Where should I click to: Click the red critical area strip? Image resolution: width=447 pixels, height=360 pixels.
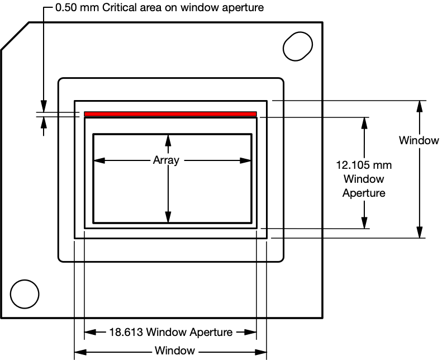[x=170, y=114]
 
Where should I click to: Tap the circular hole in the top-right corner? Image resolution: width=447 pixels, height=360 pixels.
[x=297, y=46]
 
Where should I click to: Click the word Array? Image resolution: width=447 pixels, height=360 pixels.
[x=166, y=160]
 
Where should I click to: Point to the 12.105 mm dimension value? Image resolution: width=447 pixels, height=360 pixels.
[x=363, y=166]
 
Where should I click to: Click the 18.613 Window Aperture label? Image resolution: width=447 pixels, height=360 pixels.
[x=170, y=332]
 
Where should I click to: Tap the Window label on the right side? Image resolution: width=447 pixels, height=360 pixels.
[x=419, y=140]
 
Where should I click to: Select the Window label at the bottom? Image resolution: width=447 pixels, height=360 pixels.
[x=175, y=351]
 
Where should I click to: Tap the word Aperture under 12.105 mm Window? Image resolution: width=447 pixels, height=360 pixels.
[x=363, y=193]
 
